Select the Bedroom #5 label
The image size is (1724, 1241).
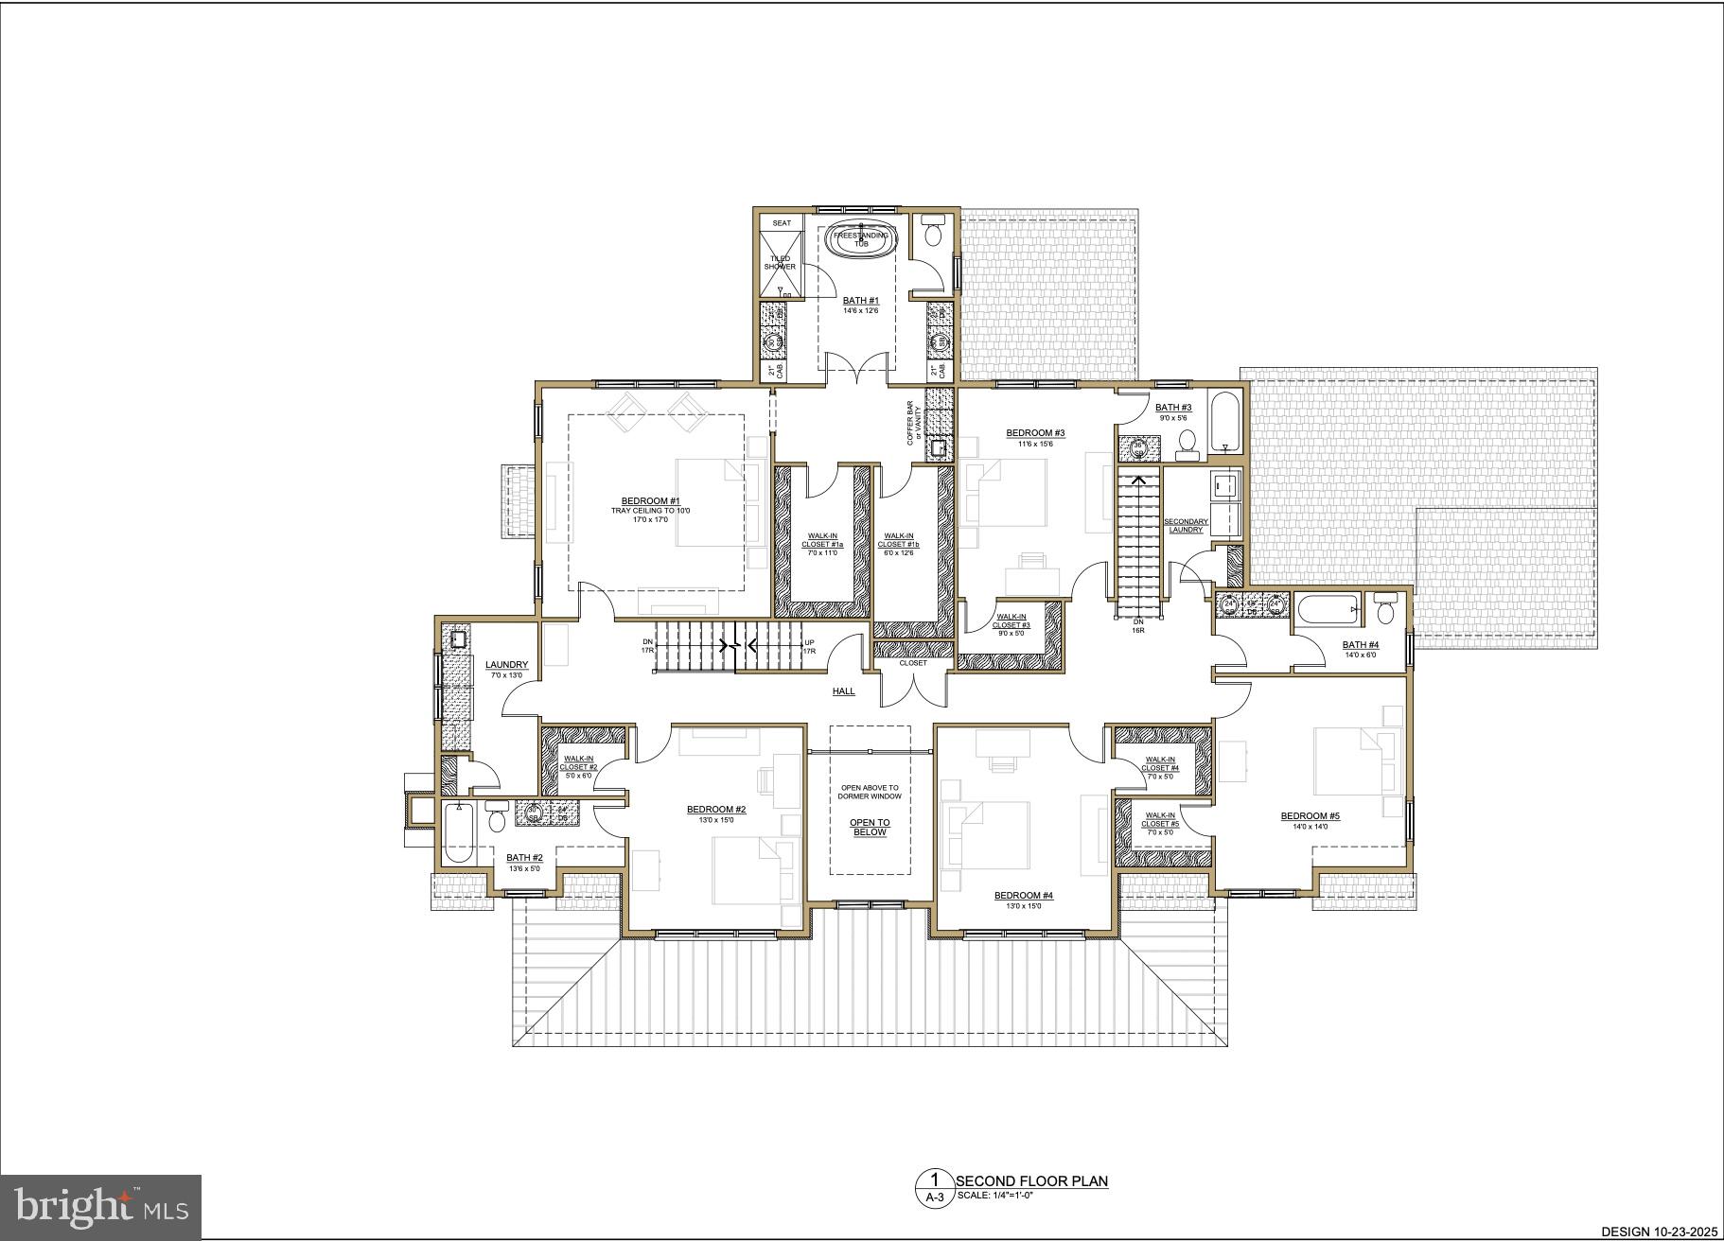point(1311,816)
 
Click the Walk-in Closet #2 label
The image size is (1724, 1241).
point(579,762)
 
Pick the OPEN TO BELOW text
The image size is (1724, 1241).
point(869,828)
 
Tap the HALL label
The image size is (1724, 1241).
point(843,691)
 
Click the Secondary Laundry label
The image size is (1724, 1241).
point(1186,525)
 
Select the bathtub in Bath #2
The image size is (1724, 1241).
point(458,832)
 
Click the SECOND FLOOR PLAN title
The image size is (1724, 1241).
point(1031,1180)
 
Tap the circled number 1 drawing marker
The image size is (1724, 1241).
point(935,1180)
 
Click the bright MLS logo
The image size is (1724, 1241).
point(101,1207)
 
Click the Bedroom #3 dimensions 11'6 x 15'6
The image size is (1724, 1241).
point(1035,444)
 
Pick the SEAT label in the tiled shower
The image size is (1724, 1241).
point(782,223)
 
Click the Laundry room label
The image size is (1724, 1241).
point(506,665)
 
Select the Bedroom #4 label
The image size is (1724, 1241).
point(1023,896)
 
